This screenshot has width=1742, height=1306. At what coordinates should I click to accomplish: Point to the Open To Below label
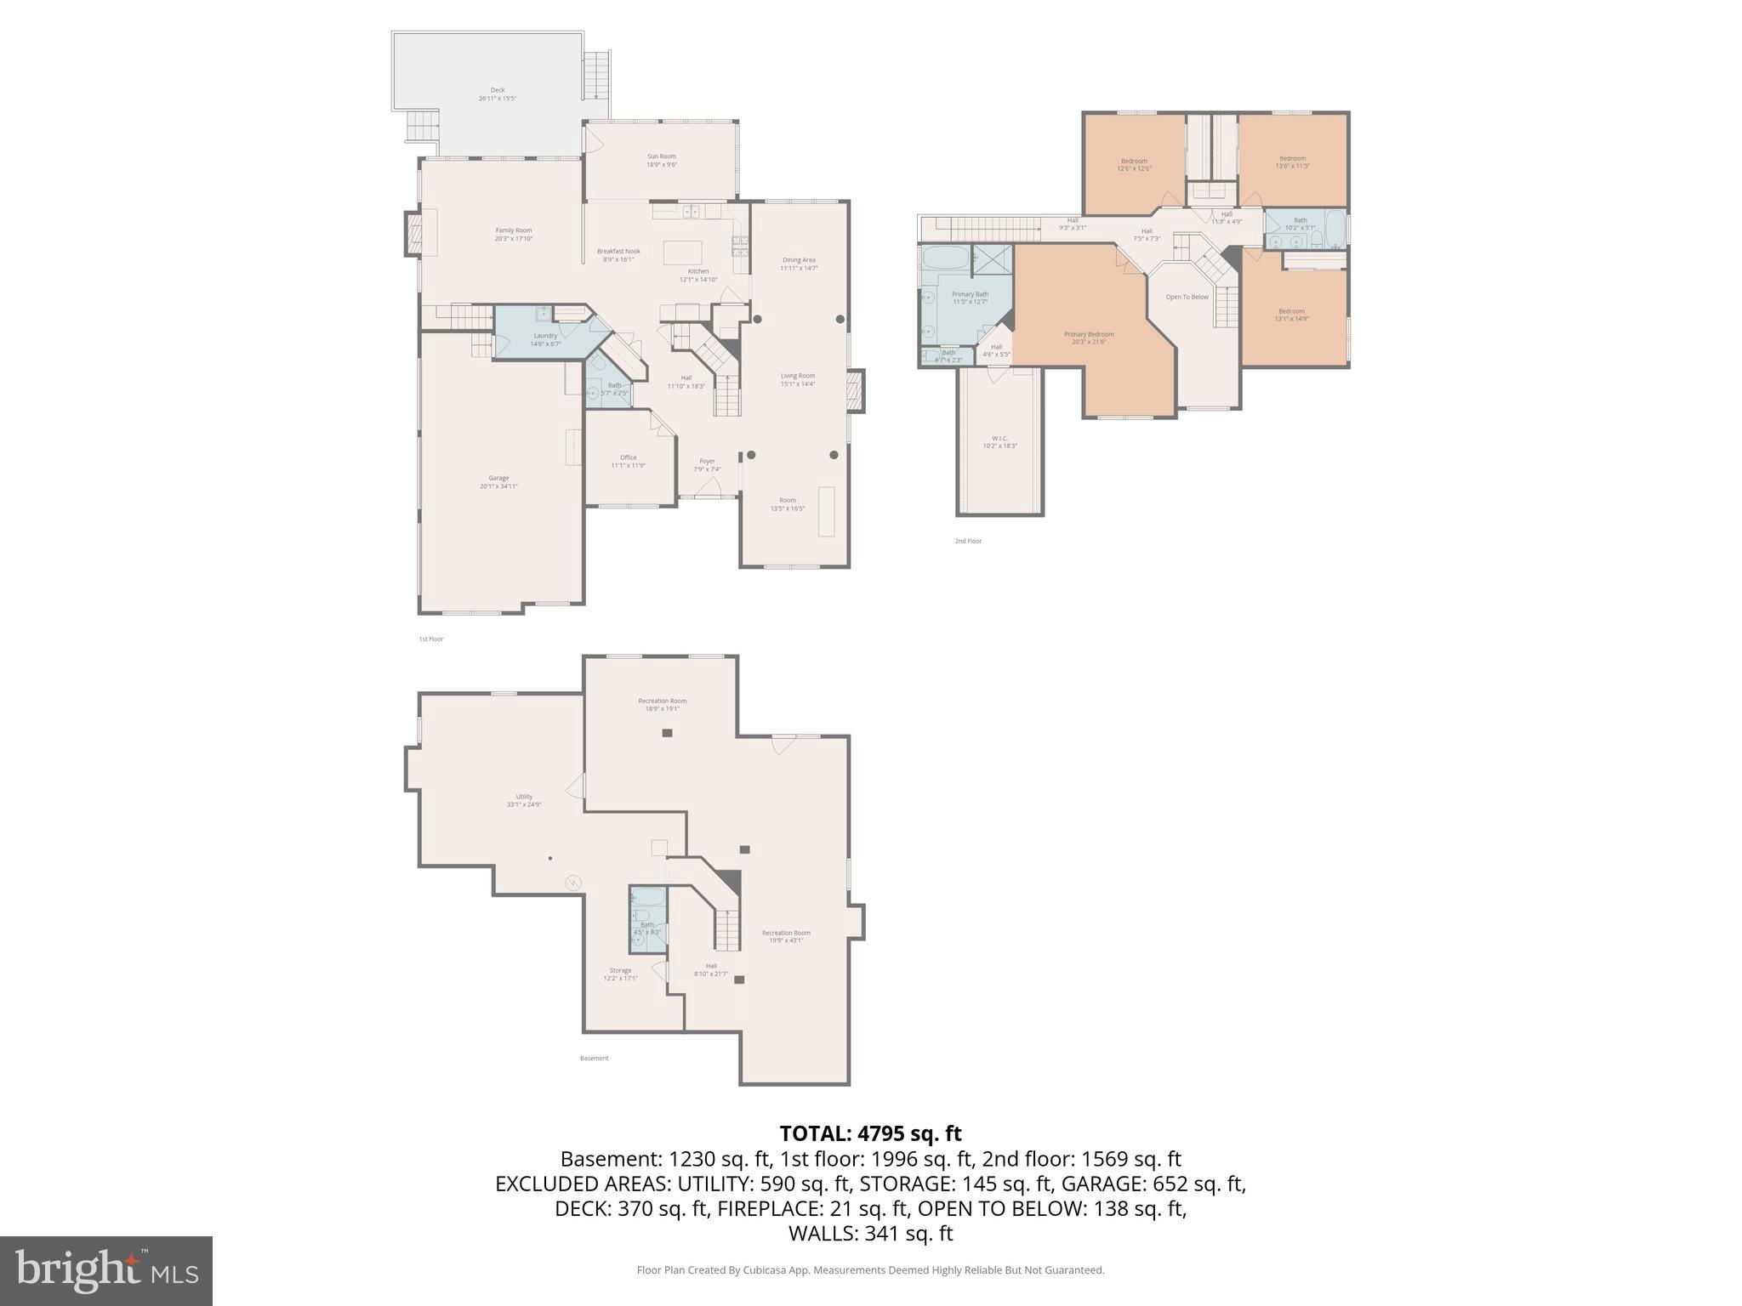1187,297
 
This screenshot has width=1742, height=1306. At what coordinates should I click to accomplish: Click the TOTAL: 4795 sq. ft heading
870,1133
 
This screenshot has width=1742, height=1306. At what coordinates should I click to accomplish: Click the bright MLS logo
106,1270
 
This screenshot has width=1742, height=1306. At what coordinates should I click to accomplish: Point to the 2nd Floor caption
968,541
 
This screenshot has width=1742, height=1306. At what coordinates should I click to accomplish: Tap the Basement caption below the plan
595,1059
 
